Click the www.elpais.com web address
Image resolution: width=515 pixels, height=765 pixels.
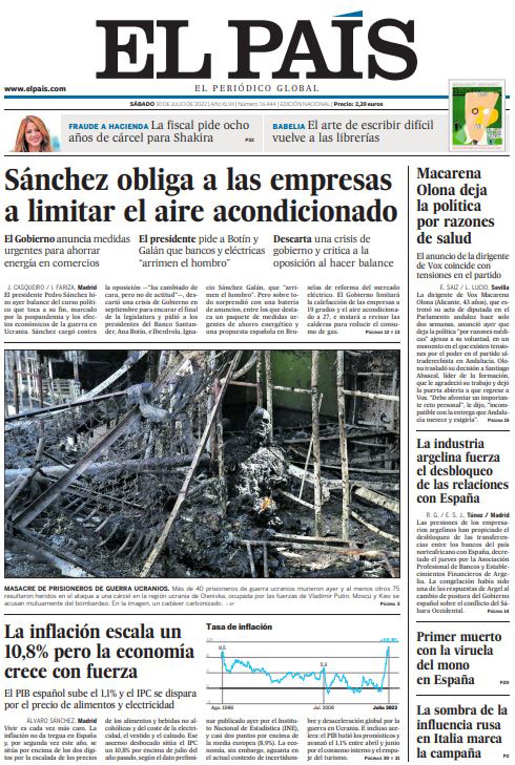click(x=35, y=89)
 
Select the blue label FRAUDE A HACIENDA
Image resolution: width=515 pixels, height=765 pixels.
click(x=109, y=127)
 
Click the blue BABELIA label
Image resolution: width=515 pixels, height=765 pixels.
click(x=288, y=127)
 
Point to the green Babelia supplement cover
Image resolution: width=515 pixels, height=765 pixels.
click(x=476, y=115)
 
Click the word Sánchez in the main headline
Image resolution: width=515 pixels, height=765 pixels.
click(x=55, y=181)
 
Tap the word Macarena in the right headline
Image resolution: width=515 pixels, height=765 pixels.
click(x=443, y=174)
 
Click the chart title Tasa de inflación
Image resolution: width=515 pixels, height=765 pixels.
click(x=239, y=627)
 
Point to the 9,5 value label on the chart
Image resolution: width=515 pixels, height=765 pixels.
click(x=222, y=648)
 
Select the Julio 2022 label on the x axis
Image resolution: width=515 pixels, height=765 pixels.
click(x=384, y=707)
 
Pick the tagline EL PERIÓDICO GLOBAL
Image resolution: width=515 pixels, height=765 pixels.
click(x=257, y=89)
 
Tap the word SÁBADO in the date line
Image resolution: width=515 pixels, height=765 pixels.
click(x=142, y=104)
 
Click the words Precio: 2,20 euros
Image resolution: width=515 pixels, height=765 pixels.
click(x=358, y=104)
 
